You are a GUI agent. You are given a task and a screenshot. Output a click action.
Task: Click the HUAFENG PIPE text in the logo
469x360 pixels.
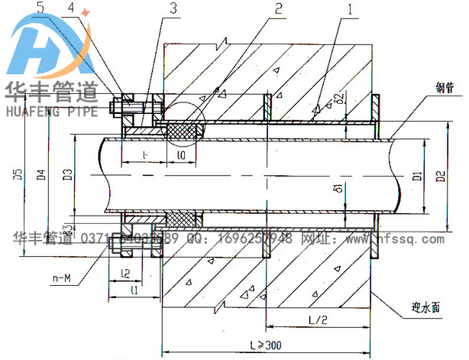50,112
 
